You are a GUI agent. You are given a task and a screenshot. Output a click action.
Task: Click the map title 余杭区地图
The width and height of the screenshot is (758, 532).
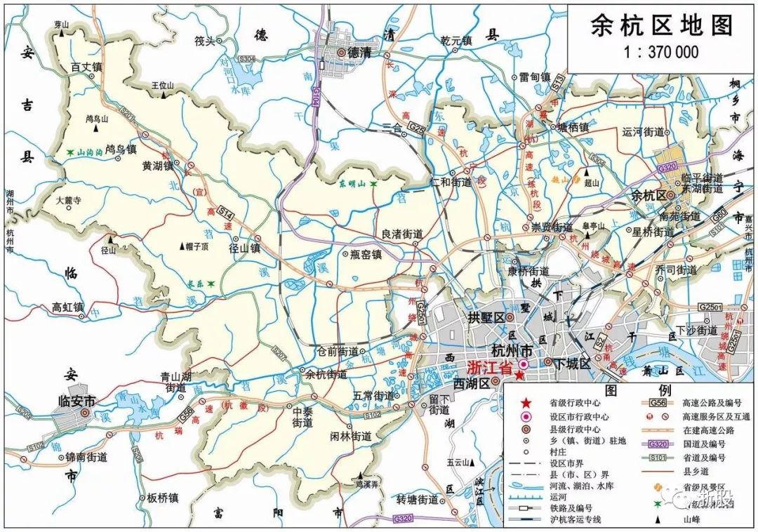point(661,26)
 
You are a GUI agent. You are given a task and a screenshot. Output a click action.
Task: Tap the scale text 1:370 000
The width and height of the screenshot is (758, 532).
point(661,52)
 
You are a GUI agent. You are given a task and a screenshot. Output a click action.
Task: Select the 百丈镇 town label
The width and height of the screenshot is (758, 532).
point(87,67)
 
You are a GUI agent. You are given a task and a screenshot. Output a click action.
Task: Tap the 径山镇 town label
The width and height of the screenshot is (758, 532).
point(245,248)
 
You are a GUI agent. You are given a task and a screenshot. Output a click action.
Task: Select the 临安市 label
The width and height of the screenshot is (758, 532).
point(75,401)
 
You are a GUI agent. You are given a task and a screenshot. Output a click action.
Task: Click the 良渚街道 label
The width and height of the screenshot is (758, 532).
point(401,233)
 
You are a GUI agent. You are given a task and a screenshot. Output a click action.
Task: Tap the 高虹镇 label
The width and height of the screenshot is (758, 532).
point(68,307)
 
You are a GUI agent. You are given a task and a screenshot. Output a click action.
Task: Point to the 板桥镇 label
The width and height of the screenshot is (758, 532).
point(162,498)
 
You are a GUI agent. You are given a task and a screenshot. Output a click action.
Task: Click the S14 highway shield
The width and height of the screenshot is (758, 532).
point(225,210)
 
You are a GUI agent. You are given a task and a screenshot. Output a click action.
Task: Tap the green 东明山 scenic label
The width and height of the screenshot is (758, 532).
point(354,183)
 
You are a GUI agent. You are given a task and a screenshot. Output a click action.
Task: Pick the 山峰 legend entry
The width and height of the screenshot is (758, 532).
point(694,520)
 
